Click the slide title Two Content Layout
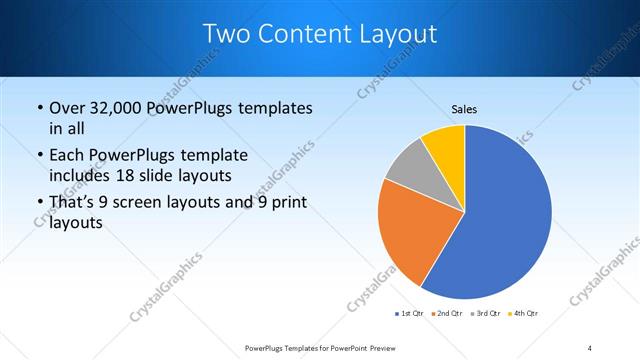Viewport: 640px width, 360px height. point(319,34)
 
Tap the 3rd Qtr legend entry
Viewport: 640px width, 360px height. point(484,314)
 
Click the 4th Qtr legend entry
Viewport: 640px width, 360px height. point(522,314)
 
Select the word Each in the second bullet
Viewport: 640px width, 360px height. point(67,156)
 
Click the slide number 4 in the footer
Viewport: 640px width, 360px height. point(590,347)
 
